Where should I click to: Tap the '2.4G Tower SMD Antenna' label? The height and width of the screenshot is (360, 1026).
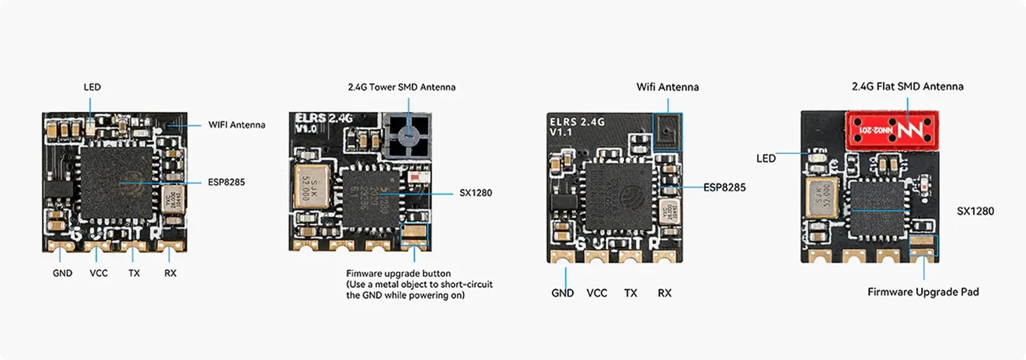point(401,87)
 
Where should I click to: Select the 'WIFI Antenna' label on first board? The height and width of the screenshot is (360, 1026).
point(236,124)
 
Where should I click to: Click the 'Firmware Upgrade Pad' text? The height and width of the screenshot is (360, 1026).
point(923,292)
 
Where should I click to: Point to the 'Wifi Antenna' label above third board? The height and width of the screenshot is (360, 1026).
point(667,87)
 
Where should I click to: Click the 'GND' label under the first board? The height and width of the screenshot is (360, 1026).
point(62,273)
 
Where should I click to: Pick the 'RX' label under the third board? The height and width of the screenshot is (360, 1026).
point(664,293)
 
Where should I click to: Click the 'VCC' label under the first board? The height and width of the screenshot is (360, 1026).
point(99,273)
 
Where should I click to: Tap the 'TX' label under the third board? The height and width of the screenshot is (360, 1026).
point(630,293)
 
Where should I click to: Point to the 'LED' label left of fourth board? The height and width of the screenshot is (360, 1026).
point(766,159)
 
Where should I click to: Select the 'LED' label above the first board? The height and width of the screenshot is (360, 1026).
point(92,87)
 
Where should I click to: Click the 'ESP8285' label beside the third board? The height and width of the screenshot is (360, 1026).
point(724,187)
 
